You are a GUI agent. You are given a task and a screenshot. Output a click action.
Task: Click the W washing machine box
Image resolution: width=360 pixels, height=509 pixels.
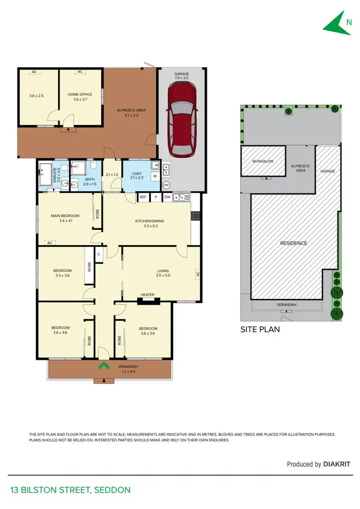click(x=155, y=176)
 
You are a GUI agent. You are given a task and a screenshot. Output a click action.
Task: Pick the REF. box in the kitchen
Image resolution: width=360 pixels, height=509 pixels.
click(x=143, y=197)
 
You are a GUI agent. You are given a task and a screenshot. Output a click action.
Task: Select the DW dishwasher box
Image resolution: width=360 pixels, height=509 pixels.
click(x=167, y=197)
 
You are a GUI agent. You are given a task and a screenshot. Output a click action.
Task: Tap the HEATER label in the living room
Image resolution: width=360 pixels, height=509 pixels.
click(x=147, y=295)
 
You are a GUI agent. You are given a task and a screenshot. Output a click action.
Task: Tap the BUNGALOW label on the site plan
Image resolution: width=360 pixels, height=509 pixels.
click(x=263, y=161)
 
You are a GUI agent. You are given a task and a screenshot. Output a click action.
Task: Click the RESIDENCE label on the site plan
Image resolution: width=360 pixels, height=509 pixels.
click(x=293, y=243)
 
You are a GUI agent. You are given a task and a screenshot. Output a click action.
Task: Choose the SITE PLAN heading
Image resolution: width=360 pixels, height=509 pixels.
click(x=260, y=330)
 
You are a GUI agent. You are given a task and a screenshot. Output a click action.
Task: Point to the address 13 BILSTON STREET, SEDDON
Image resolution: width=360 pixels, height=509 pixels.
click(x=70, y=490)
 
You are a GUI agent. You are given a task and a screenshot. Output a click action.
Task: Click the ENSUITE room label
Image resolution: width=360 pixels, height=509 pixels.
click(x=54, y=173)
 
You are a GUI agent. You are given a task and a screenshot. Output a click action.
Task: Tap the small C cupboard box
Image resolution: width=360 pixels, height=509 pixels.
click(x=99, y=254)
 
